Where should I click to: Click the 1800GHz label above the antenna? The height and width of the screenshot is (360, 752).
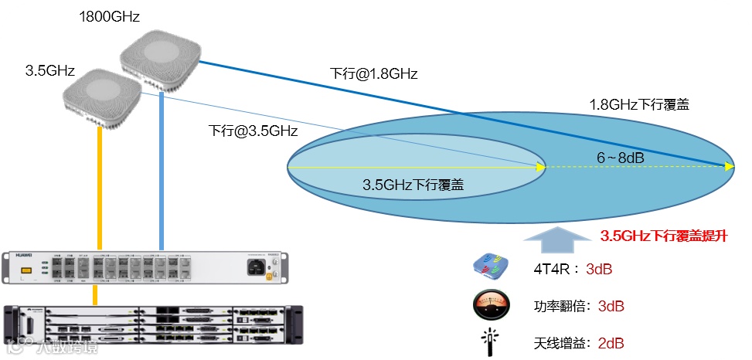109,16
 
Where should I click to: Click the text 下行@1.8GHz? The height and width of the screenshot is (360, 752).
374,73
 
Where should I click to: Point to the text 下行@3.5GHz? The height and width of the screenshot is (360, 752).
253,131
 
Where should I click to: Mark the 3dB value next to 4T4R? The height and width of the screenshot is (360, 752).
599,270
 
